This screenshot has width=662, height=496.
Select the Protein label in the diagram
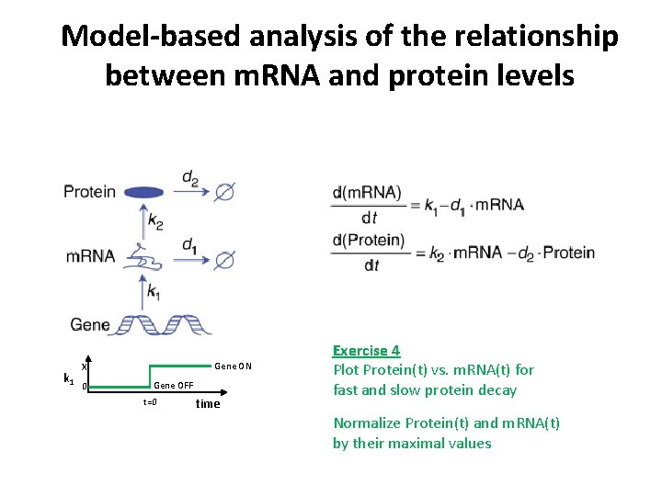click(89, 192)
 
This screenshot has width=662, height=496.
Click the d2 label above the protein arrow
click(190, 176)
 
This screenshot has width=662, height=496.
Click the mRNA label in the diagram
click(90, 256)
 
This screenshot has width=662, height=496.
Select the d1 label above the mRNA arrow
click(189, 244)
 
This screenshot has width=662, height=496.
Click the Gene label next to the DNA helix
click(89, 324)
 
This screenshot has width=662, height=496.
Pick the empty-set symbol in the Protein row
click(224, 192)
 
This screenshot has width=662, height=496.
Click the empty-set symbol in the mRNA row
click(224, 260)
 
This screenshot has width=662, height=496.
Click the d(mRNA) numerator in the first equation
click(368, 193)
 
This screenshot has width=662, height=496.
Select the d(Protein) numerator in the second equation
click(369, 242)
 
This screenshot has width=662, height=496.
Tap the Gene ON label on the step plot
click(233, 366)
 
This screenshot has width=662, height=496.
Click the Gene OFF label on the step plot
click(173, 385)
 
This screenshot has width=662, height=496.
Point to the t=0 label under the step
click(150, 402)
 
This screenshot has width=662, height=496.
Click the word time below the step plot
click(208, 404)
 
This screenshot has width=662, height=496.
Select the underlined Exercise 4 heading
click(366, 351)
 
